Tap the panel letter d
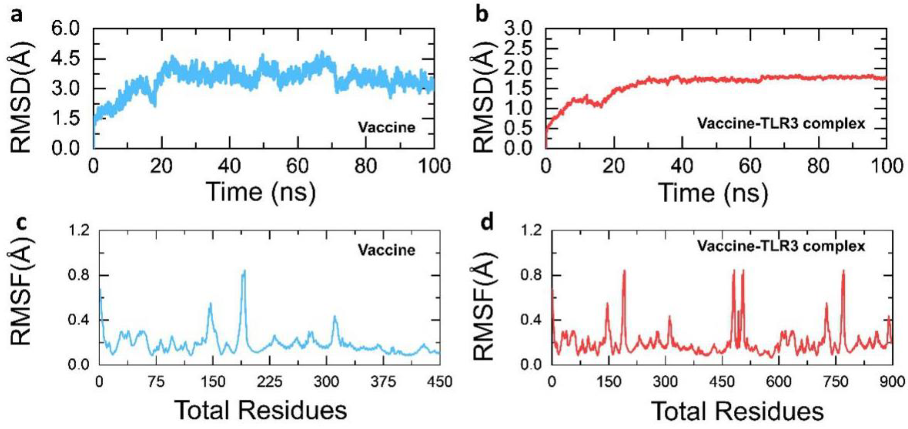click(487, 223)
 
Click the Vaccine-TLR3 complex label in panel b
click(781, 123)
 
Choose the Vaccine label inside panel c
click(387, 250)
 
